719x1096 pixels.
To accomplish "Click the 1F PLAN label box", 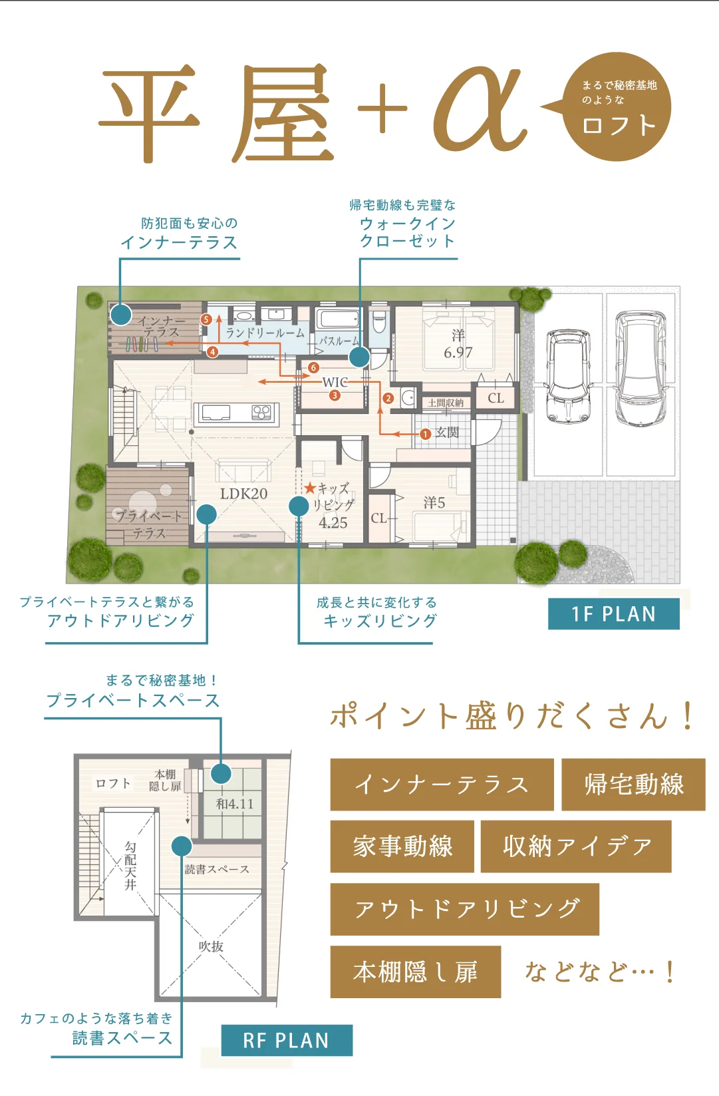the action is (x=613, y=614).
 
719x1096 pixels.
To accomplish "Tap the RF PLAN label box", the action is (x=287, y=1040).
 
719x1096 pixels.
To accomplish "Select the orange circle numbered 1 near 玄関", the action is (x=425, y=434).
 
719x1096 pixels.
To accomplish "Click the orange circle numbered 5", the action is (x=206, y=319).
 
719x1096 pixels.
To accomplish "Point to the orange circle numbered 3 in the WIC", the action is (x=335, y=395).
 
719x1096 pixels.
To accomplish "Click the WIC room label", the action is (x=335, y=382).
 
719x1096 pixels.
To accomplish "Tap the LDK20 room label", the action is (x=243, y=494).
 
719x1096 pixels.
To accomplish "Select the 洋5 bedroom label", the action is (x=434, y=502).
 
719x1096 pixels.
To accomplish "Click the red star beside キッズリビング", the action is (x=309, y=488).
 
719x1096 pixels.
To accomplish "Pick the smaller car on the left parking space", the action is (x=569, y=376).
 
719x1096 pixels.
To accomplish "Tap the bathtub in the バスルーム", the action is (x=337, y=319).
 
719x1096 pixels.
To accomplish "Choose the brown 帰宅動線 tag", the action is (x=633, y=785).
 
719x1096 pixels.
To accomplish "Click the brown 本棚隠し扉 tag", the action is (x=416, y=972).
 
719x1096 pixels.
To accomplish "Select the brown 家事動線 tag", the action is (x=402, y=846).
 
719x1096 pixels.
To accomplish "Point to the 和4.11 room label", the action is (x=235, y=804).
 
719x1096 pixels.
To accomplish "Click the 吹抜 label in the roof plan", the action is (x=211, y=946).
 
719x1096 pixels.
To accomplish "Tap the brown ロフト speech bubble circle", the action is (x=617, y=106).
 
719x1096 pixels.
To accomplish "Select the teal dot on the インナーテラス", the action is (x=121, y=314).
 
